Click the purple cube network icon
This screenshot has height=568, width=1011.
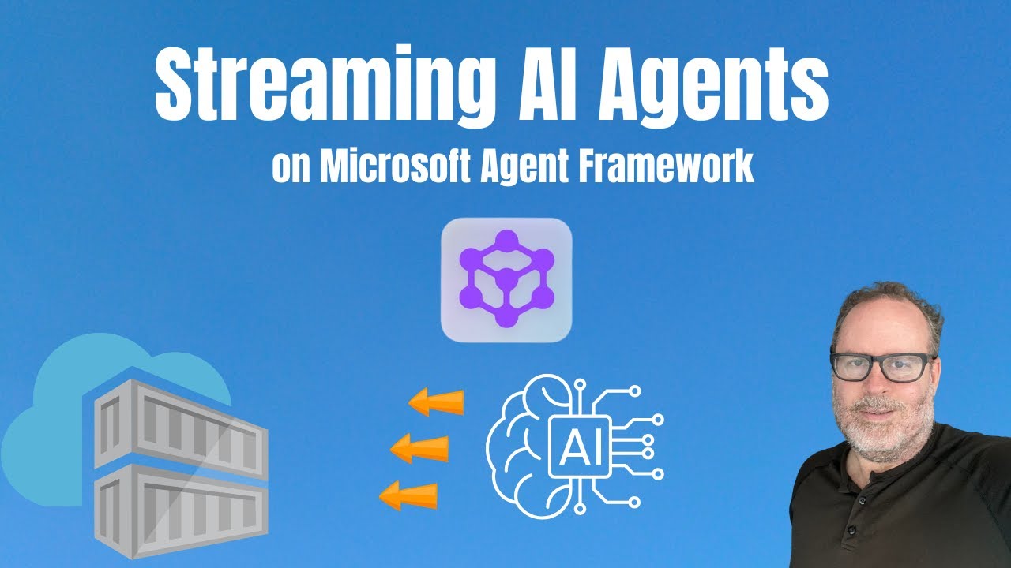(505, 280)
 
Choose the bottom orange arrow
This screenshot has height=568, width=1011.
(409, 495)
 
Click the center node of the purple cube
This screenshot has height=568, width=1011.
(505, 277)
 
